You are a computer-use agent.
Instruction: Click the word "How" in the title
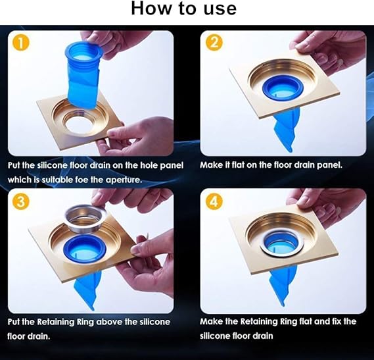pyautogui.click(x=152, y=9)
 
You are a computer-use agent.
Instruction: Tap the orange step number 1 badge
pyautogui.click(x=20, y=43)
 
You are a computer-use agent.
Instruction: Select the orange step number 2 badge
pyautogui.click(x=214, y=43)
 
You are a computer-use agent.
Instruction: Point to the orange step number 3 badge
pyautogui.click(x=20, y=201)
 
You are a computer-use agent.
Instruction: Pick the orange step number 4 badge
pyautogui.click(x=214, y=202)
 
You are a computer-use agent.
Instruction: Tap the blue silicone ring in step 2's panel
pyautogui.click(x=282, y=87)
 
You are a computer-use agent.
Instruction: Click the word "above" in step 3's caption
pyautogui.click(x=109, y=322)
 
